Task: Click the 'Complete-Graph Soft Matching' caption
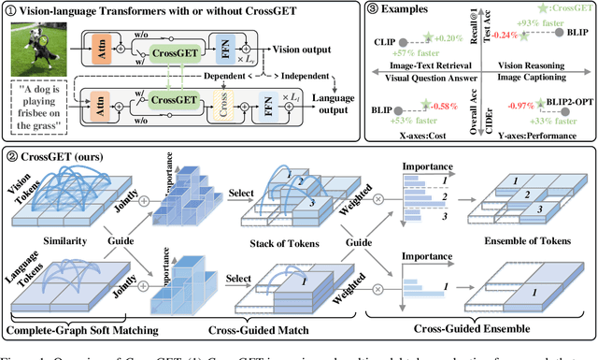pyautogui.click(x=78, y=329)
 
